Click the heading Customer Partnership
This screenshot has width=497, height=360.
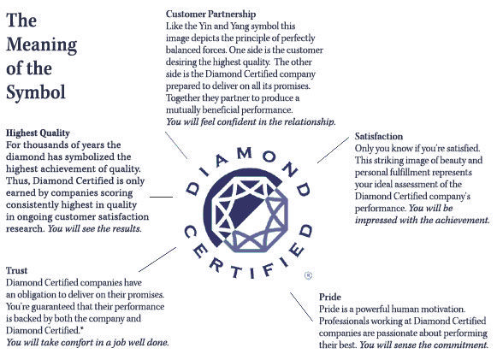(210, 15)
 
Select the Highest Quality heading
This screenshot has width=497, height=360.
(38, 133)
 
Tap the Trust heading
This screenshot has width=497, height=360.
(16, 270)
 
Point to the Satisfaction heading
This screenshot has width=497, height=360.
(379, 136)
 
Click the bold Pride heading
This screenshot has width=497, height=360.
(330, 297)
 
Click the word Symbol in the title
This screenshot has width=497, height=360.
(36, 92)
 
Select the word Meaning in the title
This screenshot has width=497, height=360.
(42, 44)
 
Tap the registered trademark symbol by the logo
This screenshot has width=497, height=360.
(308, 275)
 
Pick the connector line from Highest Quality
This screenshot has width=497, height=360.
(161, 197)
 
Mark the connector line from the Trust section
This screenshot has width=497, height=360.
(157, 260)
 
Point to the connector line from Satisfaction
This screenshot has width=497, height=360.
(333, 150)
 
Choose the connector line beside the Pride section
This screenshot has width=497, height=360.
(301, 307)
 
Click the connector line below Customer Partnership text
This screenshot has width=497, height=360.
(176, 145)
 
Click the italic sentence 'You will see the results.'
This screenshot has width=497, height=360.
(94, 229)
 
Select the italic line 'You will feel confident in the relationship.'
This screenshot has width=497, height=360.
(251, 122)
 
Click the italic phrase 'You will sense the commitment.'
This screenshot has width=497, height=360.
(423, 345)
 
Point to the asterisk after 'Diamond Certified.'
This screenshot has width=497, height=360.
(82, 328)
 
